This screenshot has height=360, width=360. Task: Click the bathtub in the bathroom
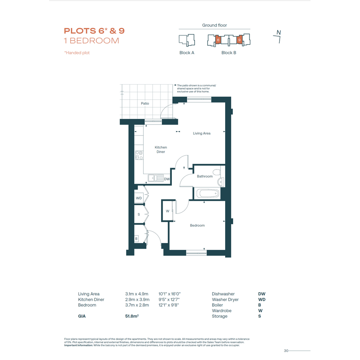[207, 193]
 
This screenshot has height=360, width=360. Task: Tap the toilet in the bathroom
[217, 172]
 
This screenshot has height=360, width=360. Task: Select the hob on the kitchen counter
[139, 155]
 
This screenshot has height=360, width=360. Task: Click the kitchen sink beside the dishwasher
[156, 178]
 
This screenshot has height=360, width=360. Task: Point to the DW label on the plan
[167, 179]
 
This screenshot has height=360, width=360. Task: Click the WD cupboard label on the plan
[139, 198]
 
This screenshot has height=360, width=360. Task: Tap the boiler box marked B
[136, 239]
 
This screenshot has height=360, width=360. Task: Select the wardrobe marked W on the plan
[168, 211]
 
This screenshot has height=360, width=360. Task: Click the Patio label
[145, 104]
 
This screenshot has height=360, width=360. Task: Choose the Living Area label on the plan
[202, 133]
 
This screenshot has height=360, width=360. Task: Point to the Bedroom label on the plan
[197, 226]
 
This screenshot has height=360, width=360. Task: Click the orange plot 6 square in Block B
[218, 40]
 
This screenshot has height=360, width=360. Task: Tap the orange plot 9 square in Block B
[240, 40]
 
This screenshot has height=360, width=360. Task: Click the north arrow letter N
[279, 32]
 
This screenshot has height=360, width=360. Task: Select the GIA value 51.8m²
[132, 316]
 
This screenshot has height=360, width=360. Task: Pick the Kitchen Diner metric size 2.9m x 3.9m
[137, 299]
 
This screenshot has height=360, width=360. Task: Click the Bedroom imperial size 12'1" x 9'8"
[169, 305]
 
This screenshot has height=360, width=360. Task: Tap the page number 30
[286, 351]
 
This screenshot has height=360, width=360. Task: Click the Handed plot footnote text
[77, 53]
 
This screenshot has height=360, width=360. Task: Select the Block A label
[187, 53]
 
